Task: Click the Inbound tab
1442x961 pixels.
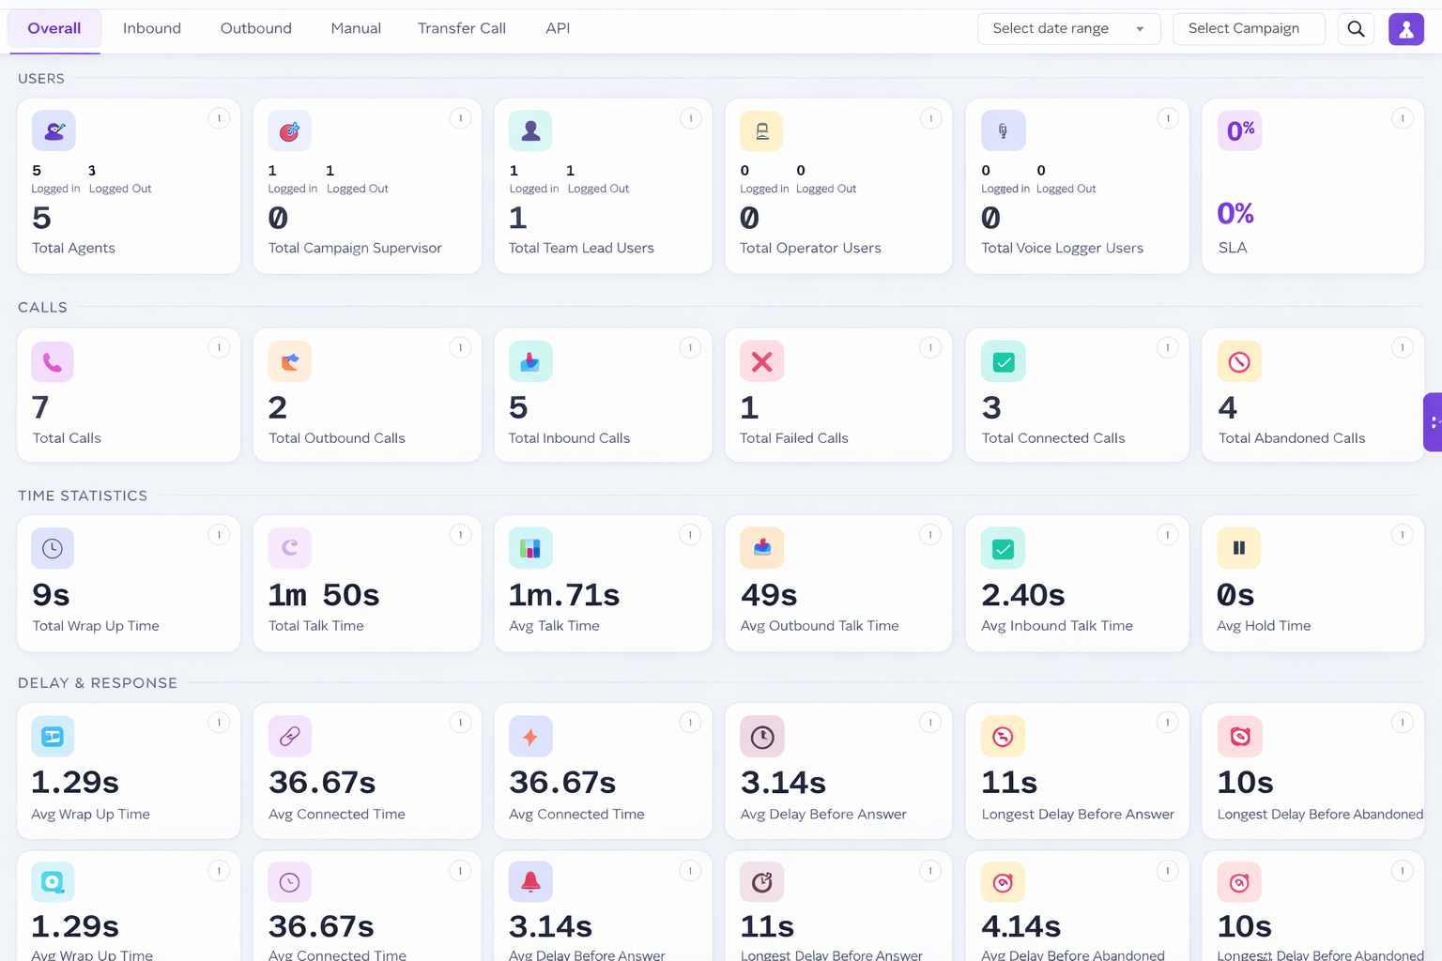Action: click(x=152, y=29)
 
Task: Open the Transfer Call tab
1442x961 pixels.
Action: click(x=461, y=29)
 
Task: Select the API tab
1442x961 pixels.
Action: click(x=558, y=29)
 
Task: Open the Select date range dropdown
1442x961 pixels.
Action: click(x=1068, y=29)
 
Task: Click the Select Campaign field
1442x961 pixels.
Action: click(x=1248, y=29)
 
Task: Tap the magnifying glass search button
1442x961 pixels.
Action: click(x=1356, y=29)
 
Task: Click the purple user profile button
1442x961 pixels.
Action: click(x=1405, y=29)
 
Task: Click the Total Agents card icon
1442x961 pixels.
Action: click(x=54, y=131)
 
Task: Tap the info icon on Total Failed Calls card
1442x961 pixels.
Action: click(x=930, y=348)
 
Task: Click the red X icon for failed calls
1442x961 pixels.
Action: click(x=761, y=362)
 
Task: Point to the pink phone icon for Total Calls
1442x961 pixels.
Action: click(x=53, y=362)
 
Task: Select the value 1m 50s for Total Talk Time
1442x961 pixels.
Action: click(x=324, y=595)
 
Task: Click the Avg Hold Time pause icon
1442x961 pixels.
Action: click(x=1238, y=548)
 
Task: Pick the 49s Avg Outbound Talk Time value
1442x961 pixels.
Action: click(x=769, y=595)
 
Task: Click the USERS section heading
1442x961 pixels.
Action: click(x=41, y=79)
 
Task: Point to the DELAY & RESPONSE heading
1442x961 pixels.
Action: click(x=98, y=683)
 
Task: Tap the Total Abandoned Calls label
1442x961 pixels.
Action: click(x=1291, y=438)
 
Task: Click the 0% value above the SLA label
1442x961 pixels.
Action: click(x=1235, y=214)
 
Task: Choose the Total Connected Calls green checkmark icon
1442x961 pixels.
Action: click(x=1003, y=362)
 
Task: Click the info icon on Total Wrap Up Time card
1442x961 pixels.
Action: click(x=219, y=535)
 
